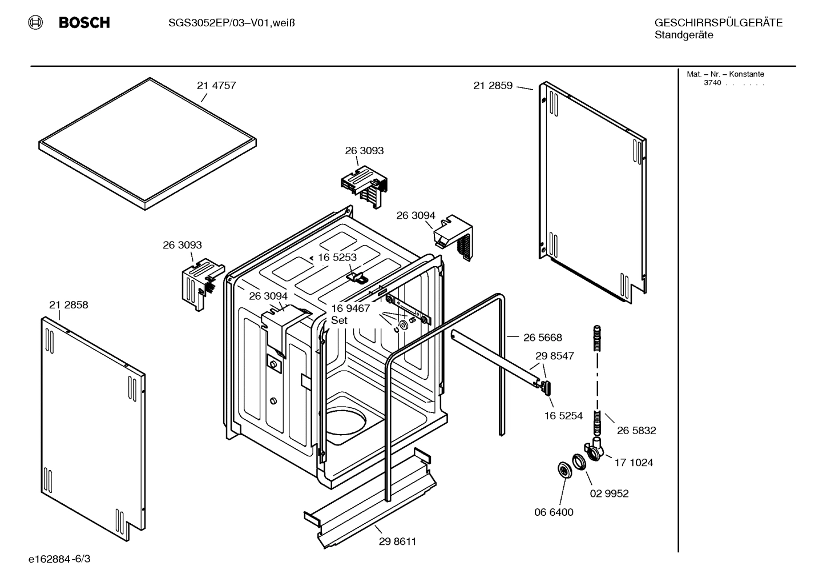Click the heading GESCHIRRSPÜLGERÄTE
pyautogui.click(x=718, y=23)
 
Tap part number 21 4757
pyautogui.click(x=216, y=86)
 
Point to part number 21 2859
pyautogui.click(x=493, y=86)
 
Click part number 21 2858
pyautogui.click(x=68, y=305)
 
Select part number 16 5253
pyautogui.click(x=337, y=258)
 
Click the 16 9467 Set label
pyautogui.click(x=350, y=314)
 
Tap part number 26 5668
pyautogui.click(x=542, y=338)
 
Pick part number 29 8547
pyautogui.click(x=554, y=356)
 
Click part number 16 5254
pyautogui.click(x=563, y=416)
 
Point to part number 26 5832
pyautogui.click(x=636, y=431)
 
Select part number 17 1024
pyautogui.click(x=634, y=463)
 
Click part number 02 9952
pyautogui.click(x=609, y=493)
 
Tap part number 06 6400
pyautogui.click(x=554, y=512)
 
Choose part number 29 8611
pyautogui.click(x=397, y=541)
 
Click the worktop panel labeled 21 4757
pyautogui.click(x=147, y=143)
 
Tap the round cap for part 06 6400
pyautogui.click(x=565, y=471)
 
